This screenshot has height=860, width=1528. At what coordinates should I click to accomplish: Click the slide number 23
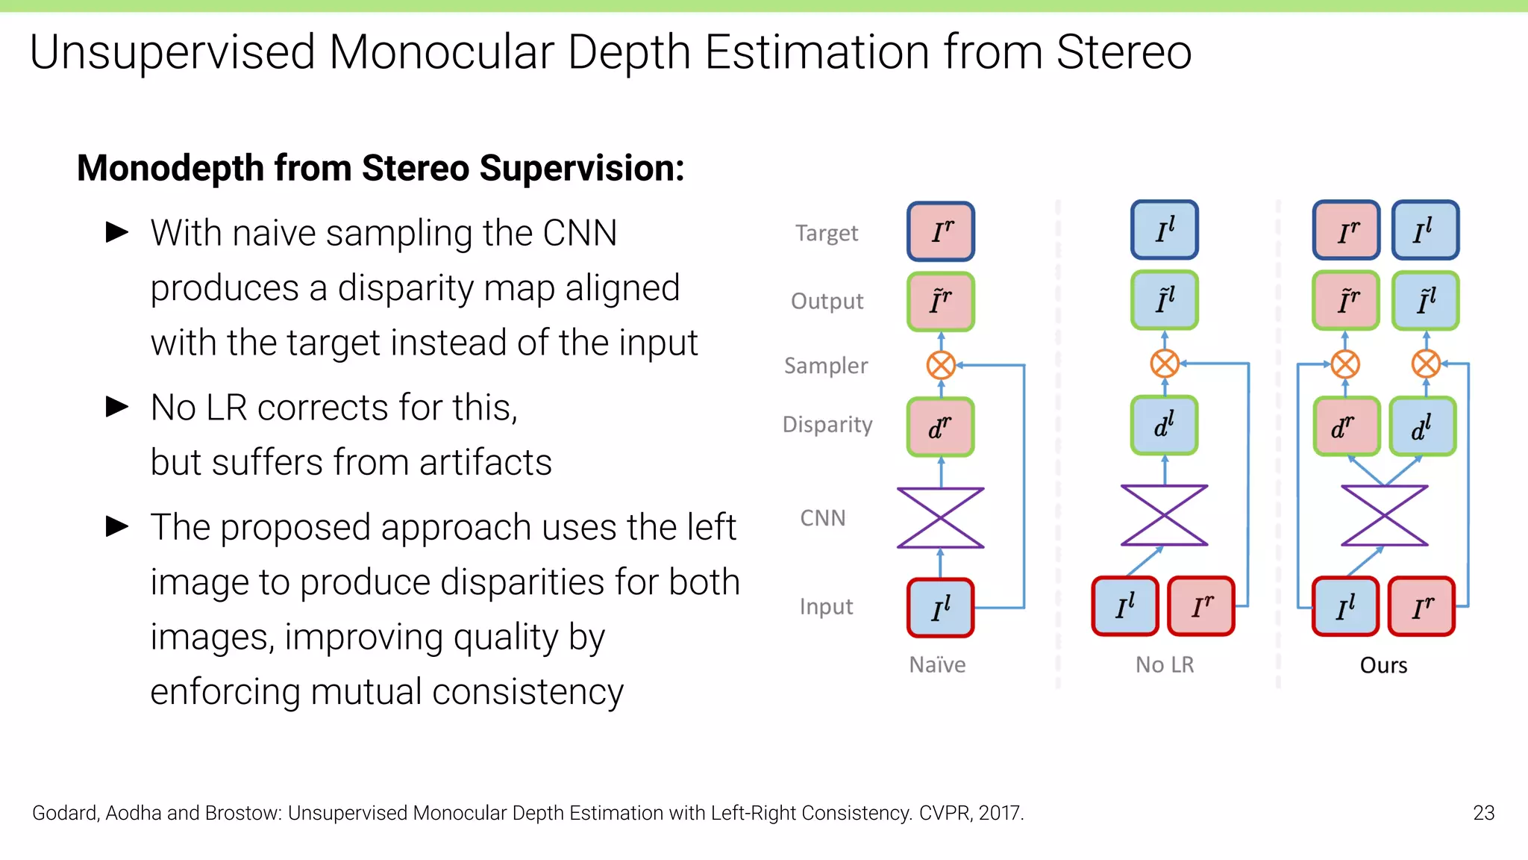pos(1483,813)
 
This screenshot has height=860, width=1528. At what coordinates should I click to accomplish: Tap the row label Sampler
pos(826,366)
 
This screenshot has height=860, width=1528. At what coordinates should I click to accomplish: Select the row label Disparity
pos(827,425)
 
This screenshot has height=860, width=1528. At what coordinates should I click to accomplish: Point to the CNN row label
pos(823,518)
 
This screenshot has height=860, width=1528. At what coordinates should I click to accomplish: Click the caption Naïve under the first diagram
pos(937,664)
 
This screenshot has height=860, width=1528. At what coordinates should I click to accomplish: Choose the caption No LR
pos(1165,664)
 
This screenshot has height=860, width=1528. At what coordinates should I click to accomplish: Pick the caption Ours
pos(1383,665)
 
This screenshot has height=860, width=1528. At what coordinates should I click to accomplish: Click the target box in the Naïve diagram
pos(941,231)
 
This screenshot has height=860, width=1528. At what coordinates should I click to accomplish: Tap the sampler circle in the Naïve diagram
pos(941,366)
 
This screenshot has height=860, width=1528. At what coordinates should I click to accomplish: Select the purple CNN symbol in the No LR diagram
pos(1164,516)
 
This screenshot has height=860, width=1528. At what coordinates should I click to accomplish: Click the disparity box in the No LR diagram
pos(1164,426)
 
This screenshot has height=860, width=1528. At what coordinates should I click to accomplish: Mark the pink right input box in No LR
pos(1201,606)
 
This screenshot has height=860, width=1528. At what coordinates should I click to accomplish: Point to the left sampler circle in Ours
pos(1345,365)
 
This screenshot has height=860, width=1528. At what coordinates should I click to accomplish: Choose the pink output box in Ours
pos(1346,301)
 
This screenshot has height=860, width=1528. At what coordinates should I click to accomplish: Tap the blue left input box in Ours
pos(1345,606)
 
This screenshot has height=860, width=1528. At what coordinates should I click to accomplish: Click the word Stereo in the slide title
pos(1124,52)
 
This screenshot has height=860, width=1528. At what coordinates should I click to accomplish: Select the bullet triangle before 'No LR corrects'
pos(117,407)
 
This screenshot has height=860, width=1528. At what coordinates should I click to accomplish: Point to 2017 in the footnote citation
pos(1001,813)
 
